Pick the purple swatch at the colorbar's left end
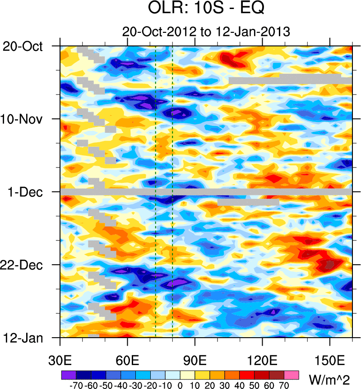[x=69, y=375]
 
